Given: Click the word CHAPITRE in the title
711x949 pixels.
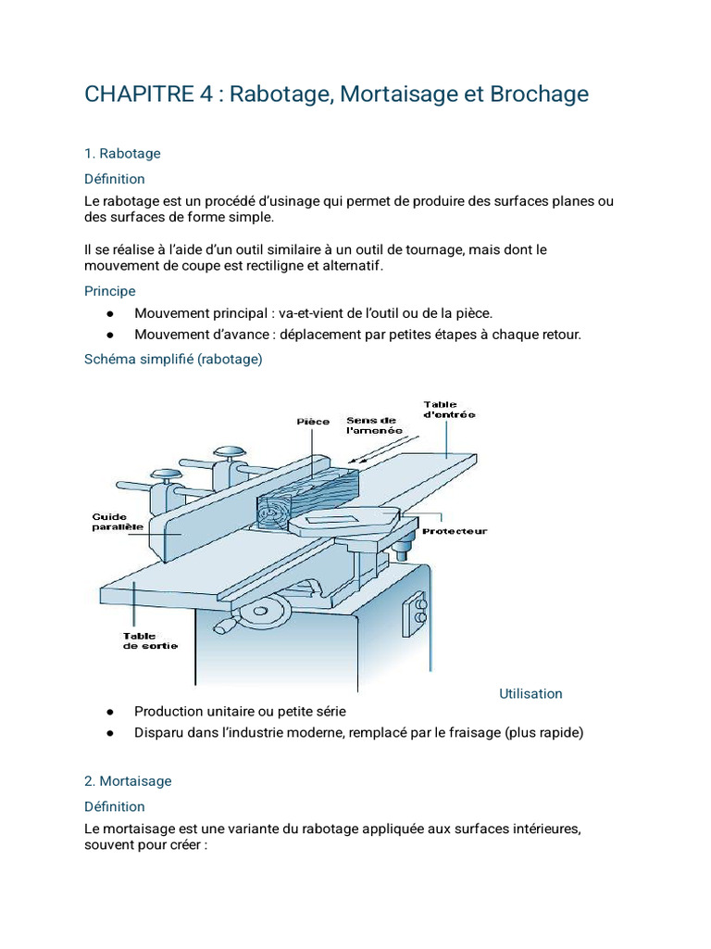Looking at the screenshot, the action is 139,95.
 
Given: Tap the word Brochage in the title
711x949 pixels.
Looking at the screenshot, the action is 540,95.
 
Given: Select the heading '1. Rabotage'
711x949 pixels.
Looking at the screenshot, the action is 123,154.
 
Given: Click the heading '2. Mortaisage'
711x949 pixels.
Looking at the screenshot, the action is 128,781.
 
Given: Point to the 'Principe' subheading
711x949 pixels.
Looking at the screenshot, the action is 110,291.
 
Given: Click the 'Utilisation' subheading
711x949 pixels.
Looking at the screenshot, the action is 530,693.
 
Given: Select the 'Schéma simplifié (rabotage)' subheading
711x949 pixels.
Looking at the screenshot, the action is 173,360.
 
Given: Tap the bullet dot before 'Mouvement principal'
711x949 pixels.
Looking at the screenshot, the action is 110,314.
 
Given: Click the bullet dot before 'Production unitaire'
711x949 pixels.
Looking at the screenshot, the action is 110,713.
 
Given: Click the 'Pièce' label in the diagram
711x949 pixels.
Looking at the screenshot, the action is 313,422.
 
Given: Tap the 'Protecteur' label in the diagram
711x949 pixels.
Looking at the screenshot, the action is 455,531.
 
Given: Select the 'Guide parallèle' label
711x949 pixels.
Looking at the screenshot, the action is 118,522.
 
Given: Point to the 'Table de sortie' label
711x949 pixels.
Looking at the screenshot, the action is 151,641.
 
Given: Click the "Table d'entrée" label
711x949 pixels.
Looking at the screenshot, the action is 449,410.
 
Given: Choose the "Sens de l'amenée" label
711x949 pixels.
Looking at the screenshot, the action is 374,425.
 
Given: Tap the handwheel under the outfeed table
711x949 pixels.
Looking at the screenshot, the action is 261,612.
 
